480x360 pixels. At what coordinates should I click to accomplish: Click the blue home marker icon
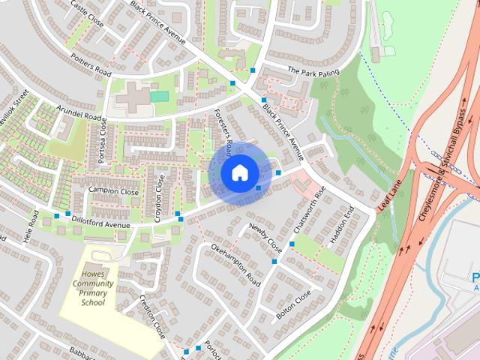(238, 173)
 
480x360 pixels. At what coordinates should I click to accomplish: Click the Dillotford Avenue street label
(97, 223)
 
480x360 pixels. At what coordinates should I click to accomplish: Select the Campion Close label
(113, 192)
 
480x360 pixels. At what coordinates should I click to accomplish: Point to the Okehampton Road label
(235, 265)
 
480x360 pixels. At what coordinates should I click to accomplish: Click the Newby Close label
(265, 236)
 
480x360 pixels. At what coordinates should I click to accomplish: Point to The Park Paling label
(313, 71)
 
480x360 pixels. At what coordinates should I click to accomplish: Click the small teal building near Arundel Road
(159, 96)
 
